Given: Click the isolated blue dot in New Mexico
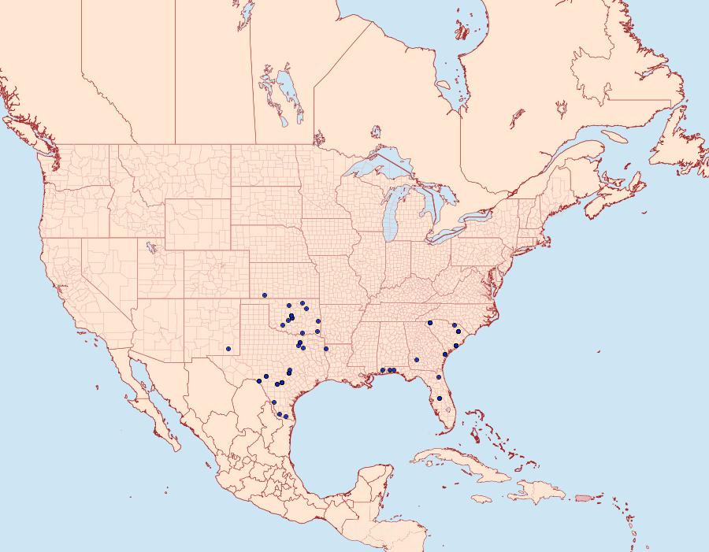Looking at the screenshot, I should pyautogui.click(x=228, y=348).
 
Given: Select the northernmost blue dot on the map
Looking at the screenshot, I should pyautogui.click(x=265, y=295).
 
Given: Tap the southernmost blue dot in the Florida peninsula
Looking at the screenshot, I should pyautogui.click(x=447, y=408).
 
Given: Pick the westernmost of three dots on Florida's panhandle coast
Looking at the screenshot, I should pyautogui.click(x=382, y=370).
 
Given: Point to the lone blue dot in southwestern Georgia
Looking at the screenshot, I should pyautogui.click(x=415, y=361).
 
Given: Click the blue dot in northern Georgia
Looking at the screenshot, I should pyautogui.click(x=429, y=322).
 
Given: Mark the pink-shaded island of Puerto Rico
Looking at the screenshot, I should pyautogui.click(x=584, y=497).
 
